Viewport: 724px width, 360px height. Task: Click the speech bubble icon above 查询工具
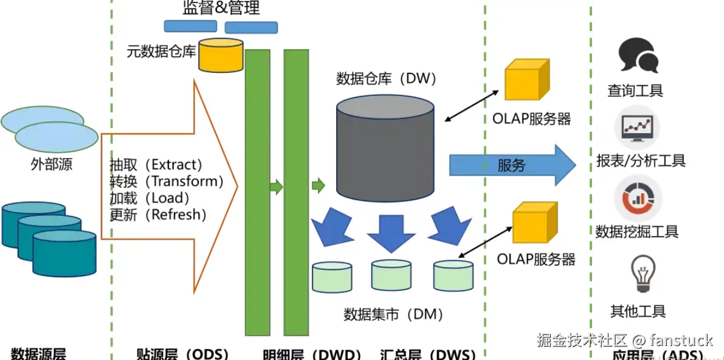point(638,55)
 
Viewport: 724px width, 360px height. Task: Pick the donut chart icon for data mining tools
point(638,197)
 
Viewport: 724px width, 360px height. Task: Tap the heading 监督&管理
point(221,8)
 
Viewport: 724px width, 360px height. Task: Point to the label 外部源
point(52,164)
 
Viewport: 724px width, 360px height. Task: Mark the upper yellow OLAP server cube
point(527,81)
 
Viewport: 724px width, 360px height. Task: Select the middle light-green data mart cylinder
point(391,275)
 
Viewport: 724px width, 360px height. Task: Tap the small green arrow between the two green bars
point(277,187)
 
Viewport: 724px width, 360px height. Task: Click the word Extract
point(176,165)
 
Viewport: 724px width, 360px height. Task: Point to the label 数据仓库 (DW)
point(387,78)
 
